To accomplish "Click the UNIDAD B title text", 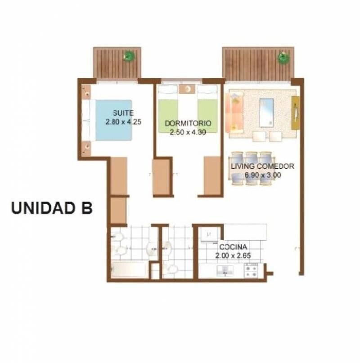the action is [x=52, y=208].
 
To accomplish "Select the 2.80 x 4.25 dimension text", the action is [x=123, y=122].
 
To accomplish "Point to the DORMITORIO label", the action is [x=188, y=123].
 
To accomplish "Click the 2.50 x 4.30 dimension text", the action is [x=188, y=132].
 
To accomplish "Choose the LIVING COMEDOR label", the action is [x=262, y=166].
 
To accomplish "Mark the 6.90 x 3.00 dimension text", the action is [x=263, y=175].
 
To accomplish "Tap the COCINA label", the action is [x=233, y=247].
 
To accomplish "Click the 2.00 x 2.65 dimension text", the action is [x=233, y=255].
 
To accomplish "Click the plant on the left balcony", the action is [x=129, y=56].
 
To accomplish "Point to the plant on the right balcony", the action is [x=283, y=57].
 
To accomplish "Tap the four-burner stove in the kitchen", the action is [x=252, y=271].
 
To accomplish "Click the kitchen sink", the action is [x=225, y=271].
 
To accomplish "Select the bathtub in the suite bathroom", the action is [x=129, y=269].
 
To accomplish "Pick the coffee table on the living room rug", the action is [x=266, y=113].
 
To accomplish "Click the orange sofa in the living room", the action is [x=234, y=113].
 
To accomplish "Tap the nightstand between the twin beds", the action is [x=188, y=89].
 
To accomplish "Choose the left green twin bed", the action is [x=168, y=109].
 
